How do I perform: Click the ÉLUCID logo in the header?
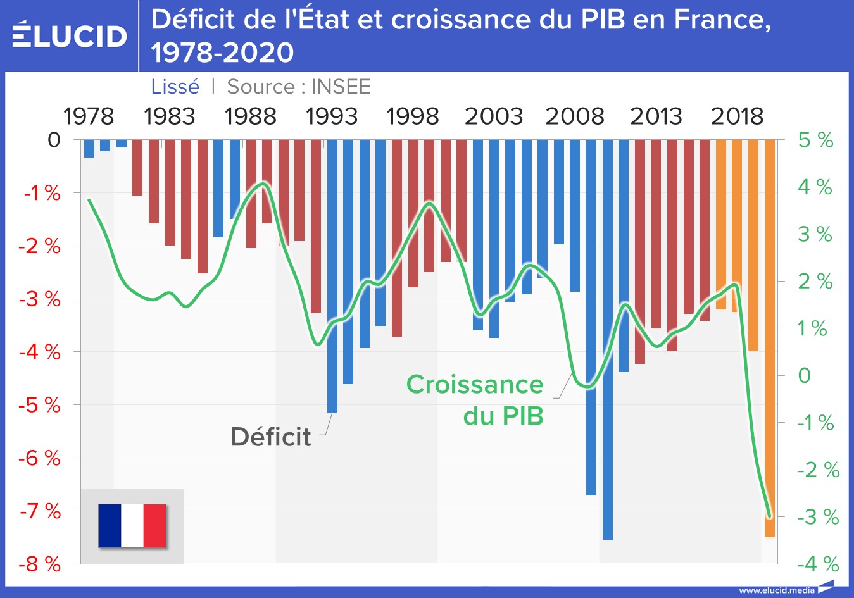coord(70,35)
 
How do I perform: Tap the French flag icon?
coord(132,525)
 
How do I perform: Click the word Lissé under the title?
coord(175,87)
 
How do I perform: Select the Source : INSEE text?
coord(298,87)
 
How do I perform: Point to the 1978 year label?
coord(89,116)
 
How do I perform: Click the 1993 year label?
coord(331,116)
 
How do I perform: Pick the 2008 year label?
coord(574,116)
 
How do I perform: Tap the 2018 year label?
coord(737,116)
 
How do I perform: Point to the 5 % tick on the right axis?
coord(815,140)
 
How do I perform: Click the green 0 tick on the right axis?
coord(804,375)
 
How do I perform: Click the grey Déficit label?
coord(270,437)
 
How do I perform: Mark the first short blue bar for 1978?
coord(89,149)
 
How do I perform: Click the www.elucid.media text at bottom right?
coord(777,590)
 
